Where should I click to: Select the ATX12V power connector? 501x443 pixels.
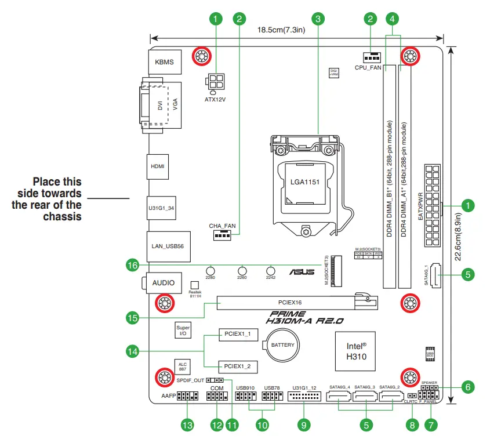pos(215,81)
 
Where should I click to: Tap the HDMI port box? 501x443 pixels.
pos(157,166)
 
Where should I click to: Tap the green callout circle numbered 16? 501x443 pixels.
pos(133,266)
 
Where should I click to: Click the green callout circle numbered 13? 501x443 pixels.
pos(187,425)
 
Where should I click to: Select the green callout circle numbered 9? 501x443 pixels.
pos(303,425)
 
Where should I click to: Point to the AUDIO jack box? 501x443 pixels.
pos(163,282)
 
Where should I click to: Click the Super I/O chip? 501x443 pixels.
pos(183,331)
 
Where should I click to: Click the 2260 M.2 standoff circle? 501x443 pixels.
pos(242,271)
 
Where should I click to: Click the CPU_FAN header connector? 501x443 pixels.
pos(371,57)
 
